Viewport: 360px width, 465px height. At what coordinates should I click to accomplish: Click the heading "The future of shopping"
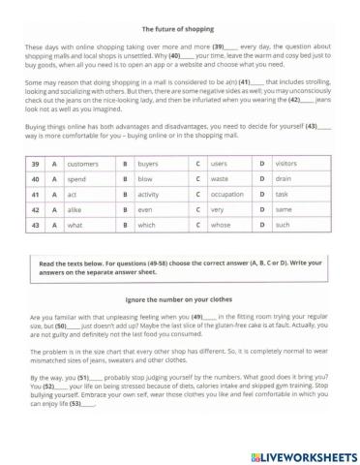pos(180,29)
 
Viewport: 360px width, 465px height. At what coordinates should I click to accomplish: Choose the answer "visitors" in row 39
pos(286,165)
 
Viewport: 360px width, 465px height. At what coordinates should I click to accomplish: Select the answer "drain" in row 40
pos(283,179)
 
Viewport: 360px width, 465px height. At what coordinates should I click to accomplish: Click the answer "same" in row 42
pos(284,209)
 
